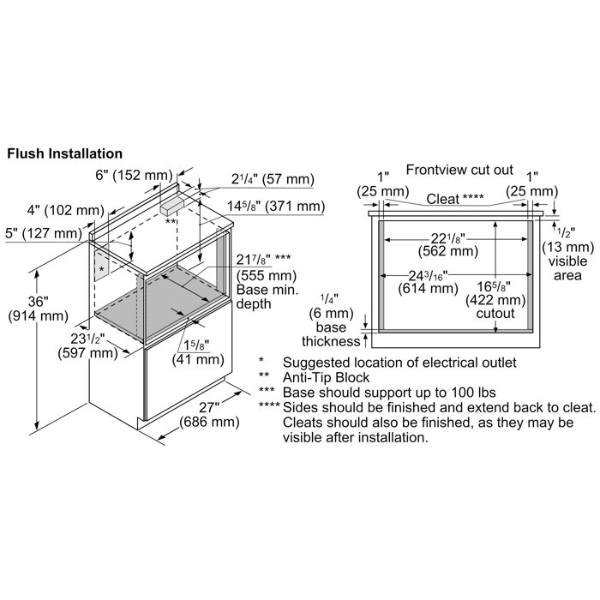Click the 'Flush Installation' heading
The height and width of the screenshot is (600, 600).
click(64, 154)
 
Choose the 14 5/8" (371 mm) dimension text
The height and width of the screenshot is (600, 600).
click(276, 206)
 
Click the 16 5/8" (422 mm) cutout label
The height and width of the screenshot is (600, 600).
click(496, 298)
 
